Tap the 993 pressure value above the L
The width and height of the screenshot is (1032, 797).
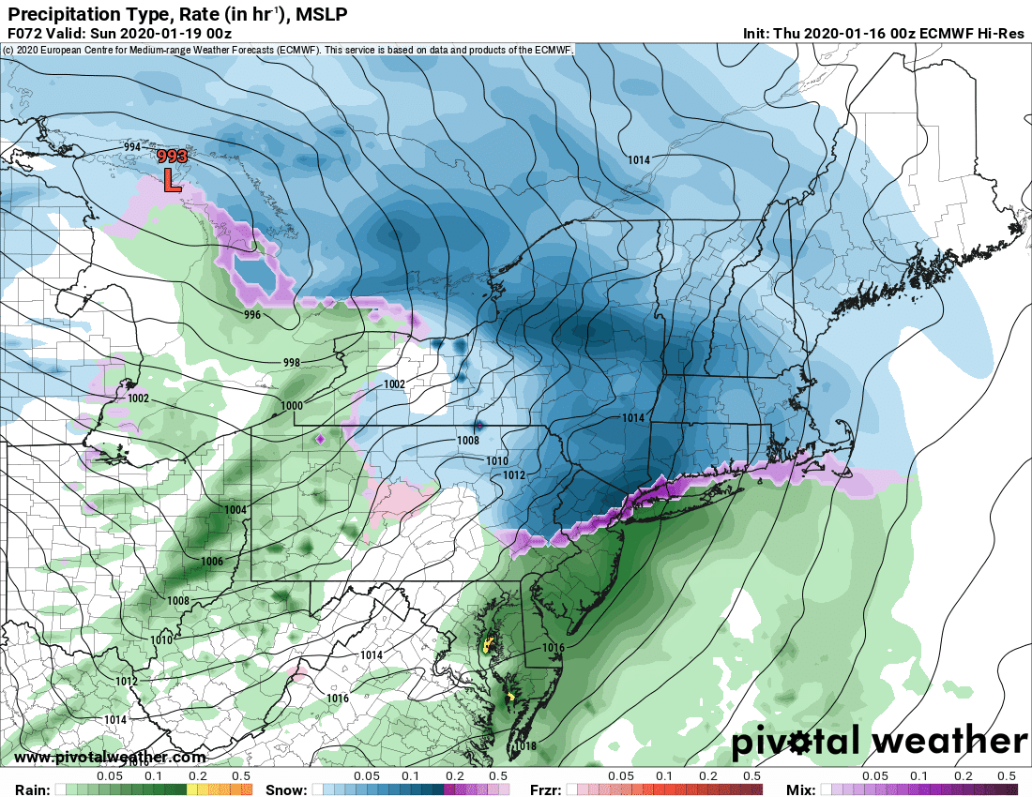(x=172, y=157)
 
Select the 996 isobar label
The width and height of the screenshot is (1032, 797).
(x=251, y=315)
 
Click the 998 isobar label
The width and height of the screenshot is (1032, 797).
(x=291, y=362)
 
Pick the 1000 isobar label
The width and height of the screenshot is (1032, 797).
(x=292, y=405)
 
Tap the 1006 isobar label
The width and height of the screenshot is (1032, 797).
(x=212, y=561)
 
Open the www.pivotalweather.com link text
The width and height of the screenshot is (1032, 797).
(x=110, y=758)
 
